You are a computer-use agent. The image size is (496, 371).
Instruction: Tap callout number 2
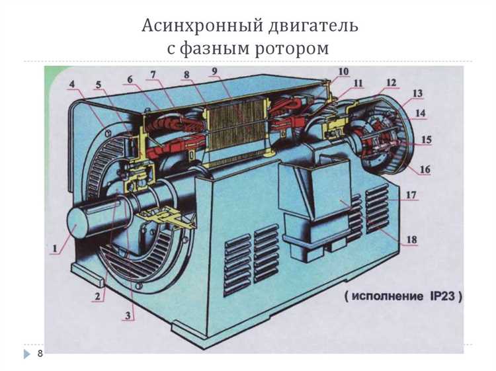[97, 296]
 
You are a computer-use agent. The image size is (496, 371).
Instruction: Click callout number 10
[344, 71]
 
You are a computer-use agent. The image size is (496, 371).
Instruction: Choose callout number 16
[425, 169]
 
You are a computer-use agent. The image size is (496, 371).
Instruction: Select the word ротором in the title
[294, 49]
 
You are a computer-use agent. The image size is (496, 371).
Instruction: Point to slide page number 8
[40, 354]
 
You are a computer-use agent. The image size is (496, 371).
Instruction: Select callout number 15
[427, 140]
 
